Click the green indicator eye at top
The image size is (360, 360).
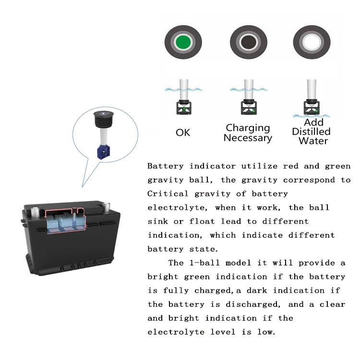tap(183, 44)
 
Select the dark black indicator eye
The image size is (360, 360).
tap(248, 44)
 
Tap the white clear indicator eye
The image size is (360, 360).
tap(312, 44)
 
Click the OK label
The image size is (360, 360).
tap(183, 132)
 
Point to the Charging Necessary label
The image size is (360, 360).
tap(248, 133)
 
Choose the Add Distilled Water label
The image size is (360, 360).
tap(311, 132)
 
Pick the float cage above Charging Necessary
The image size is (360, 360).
tap(248, 108)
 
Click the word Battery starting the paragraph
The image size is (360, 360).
tap(166, 166)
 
